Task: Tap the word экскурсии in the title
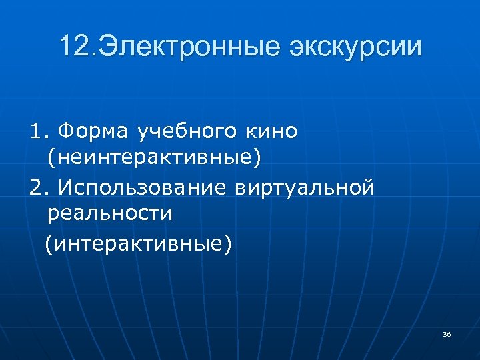tap(355, 47)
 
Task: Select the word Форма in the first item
tap(95, 132)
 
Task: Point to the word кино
tap(271, 132)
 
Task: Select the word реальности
tap(110, 213)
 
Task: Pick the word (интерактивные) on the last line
tap(139, 243)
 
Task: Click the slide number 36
tap(446, 334)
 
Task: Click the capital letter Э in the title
tap(109, 47)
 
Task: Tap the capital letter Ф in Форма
tap(65, 132)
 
